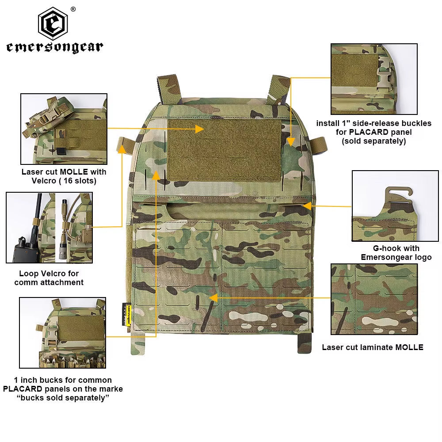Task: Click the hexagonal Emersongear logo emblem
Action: [53, 24]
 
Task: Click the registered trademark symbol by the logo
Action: [73, 9]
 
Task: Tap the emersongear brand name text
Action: [54, 47]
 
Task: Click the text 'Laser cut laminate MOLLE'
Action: [372, 347]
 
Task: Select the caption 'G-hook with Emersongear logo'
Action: [396, 253]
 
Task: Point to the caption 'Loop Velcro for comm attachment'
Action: [49, 278]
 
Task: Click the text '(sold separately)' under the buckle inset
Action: [373, 141]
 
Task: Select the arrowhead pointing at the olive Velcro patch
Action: [200, 129]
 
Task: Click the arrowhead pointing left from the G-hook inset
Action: [306, 206]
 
